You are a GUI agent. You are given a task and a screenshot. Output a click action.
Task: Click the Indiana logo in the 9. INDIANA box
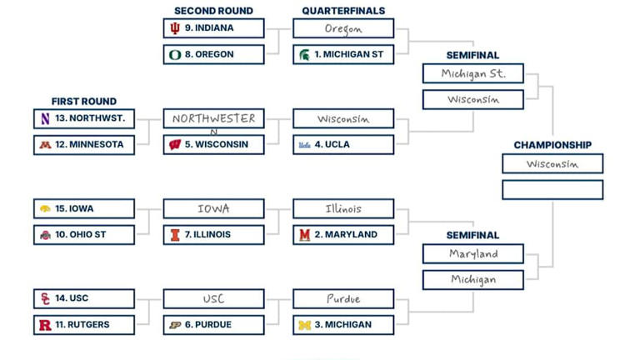click(x=175, y=28)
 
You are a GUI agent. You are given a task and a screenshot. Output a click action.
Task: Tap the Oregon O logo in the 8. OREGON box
click(x=175, y=55)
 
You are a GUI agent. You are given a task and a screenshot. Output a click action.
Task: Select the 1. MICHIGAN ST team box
click(x=343, y=55)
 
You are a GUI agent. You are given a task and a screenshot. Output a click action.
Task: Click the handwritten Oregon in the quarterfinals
click(x=343, y=28)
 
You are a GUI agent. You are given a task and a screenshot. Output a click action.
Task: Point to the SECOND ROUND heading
click(x=213, y=11)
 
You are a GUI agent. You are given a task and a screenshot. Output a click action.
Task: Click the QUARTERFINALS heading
click(x=343, y=11)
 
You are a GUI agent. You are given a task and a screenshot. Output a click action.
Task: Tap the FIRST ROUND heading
click(x=83, y=102)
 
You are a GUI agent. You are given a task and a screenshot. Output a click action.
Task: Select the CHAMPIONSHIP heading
click(x=552, y=145)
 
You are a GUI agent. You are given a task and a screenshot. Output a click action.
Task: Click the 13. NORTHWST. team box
click(x=84, y=118)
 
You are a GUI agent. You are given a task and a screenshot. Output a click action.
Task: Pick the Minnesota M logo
click(x=45, y=145)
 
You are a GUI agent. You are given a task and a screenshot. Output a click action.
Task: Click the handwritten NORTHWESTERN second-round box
click(x=213, y=118)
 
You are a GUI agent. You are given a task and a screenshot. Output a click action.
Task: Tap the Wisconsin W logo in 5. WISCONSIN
click(x=175, y=145)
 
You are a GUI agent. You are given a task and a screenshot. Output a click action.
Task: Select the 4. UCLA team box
click(x=343, y=145)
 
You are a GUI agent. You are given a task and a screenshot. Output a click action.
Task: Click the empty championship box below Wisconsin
click(x=552, y=190)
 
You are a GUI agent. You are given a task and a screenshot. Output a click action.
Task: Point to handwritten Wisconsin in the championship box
click(x=552, y=164)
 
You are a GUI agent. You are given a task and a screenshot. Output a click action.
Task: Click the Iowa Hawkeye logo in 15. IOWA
click(x=45, y=209)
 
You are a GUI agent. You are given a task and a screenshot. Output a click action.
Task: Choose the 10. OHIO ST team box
click(x=84, y=235)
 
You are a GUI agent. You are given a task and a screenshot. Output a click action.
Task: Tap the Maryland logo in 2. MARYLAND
click(x=305, y=235)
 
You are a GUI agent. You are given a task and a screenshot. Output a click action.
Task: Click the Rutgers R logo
click(x=45, y=325)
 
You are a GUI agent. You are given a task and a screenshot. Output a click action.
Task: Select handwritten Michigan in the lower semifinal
click(x=472, y=280)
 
